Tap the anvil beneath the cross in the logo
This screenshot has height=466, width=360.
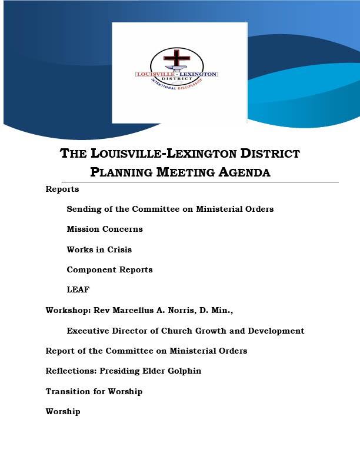pos(176,69)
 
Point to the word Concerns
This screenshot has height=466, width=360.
pos(122,229)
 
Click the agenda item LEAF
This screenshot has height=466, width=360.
pos(78,290)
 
